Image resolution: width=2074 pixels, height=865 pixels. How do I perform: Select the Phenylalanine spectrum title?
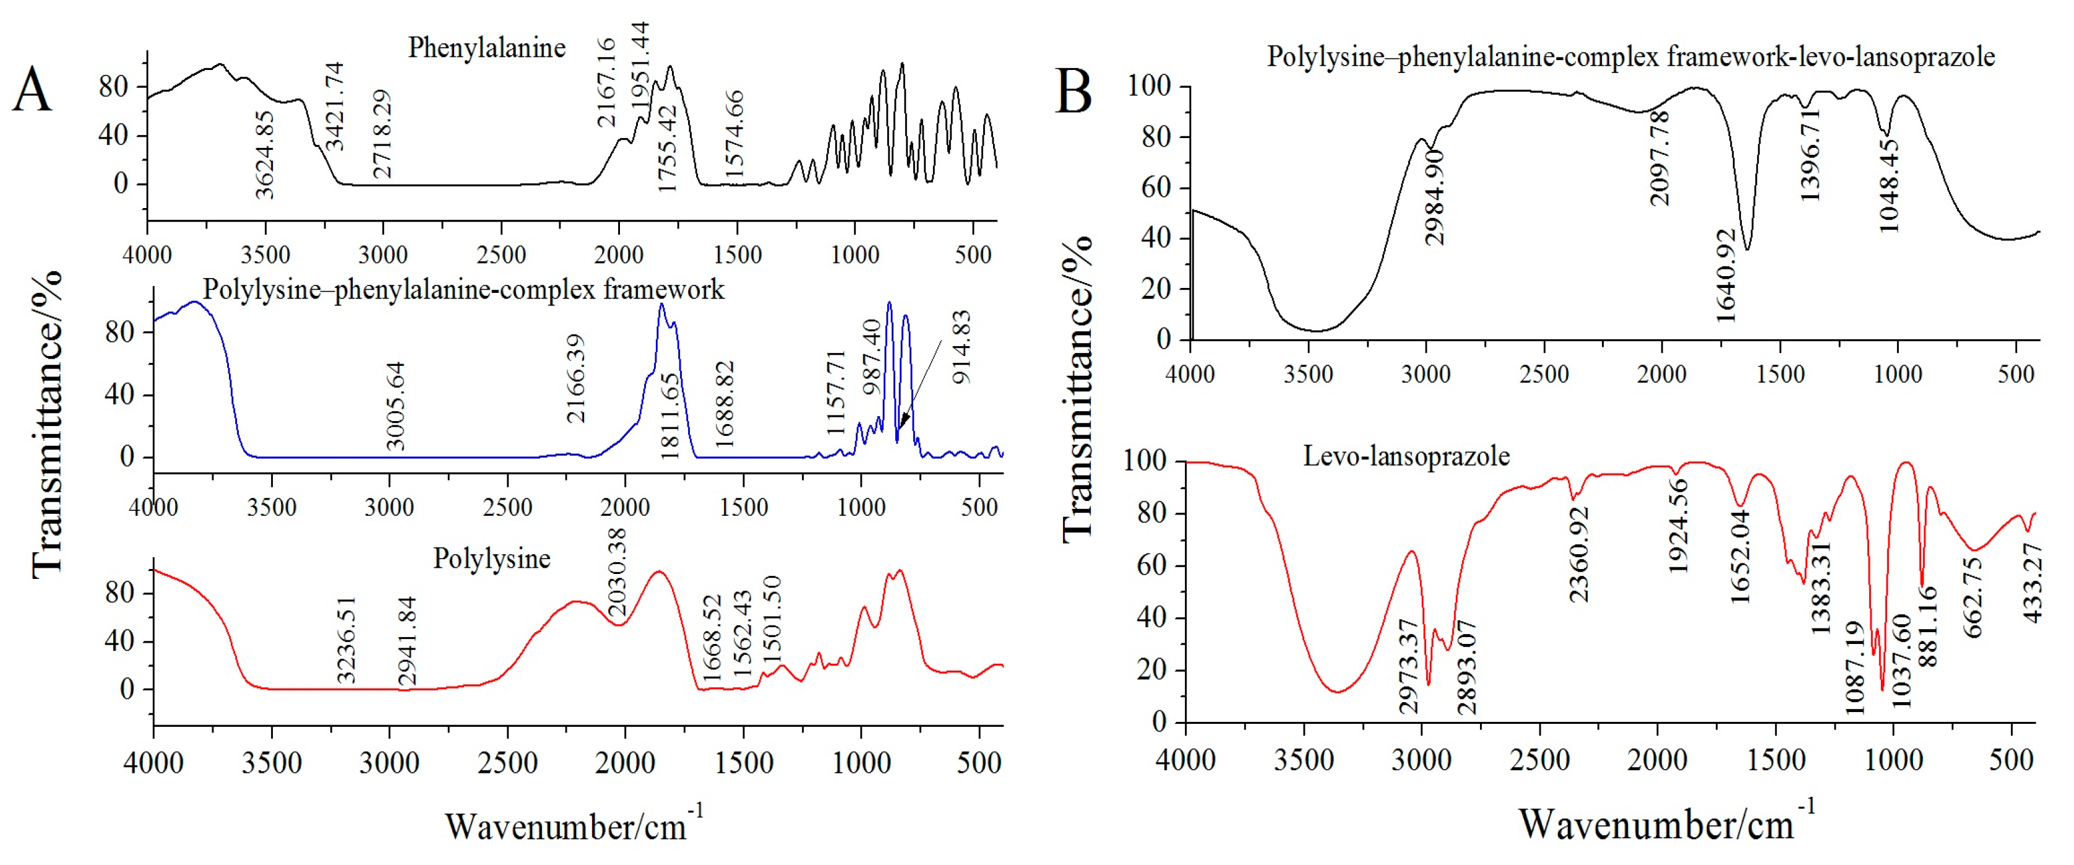tap(486, 48)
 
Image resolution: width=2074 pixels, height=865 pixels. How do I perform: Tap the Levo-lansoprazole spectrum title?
tap(1406, 457)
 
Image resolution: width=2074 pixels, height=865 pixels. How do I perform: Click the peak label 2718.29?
tap(382, 134)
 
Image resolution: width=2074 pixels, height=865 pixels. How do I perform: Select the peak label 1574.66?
tap(734, 134)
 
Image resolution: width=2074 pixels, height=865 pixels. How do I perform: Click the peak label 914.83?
tap(962, 347)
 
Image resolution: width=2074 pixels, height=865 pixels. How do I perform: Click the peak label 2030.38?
tap(617, 573)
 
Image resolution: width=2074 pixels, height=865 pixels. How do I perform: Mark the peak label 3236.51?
tap(346, 640)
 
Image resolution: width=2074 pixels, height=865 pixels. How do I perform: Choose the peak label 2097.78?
tap(1659, 158)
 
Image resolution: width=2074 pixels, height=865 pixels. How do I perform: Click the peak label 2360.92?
tap(1579, 554)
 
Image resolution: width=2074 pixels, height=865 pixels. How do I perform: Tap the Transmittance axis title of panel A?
tap(46, 424)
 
